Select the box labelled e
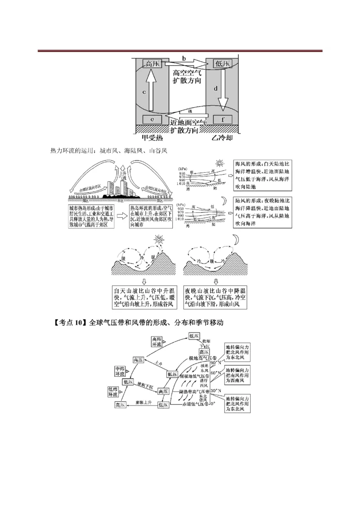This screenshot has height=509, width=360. (153, 120)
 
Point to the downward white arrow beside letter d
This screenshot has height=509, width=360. (222, 93)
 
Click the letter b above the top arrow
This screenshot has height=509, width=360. (184, 58)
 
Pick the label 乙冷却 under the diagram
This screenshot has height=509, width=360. (222, 138)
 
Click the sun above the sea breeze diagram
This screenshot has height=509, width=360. (220, 163)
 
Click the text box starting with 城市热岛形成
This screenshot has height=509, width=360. (91, 217)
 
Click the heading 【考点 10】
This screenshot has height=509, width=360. (69, 322)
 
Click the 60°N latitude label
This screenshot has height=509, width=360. (216, 373)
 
